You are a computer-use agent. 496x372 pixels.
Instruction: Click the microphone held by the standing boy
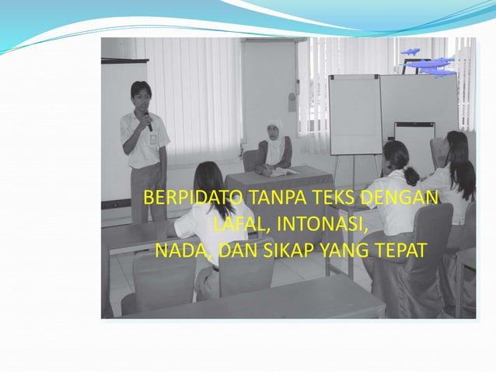(x=147, y=120)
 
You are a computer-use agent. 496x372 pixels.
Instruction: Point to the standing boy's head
(x=141, y=95)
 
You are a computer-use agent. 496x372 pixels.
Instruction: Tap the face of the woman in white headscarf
(x=274, y=132)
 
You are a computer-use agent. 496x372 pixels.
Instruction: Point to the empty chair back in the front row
(x=164, y=280)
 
